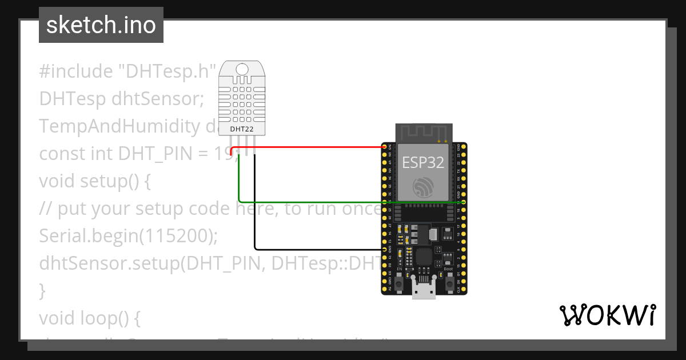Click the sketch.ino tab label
[101, 25]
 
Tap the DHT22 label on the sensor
[242, 129]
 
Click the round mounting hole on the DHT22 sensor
[242, 69]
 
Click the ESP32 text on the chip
[423, 162]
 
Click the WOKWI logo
[607, 315]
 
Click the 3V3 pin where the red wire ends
[384, 147]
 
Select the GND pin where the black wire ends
[384, 250]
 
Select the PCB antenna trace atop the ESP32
[424, 133]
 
